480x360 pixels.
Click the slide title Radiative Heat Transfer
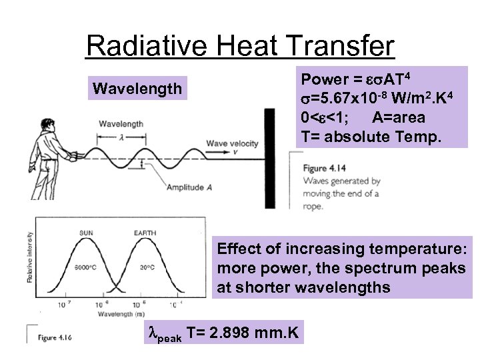click(240, 46)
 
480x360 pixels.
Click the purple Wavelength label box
click(137, 88)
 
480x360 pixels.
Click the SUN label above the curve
click(87, 233)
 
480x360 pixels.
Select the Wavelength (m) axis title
click(117, 314)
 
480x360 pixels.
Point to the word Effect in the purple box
click(238, 249)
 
